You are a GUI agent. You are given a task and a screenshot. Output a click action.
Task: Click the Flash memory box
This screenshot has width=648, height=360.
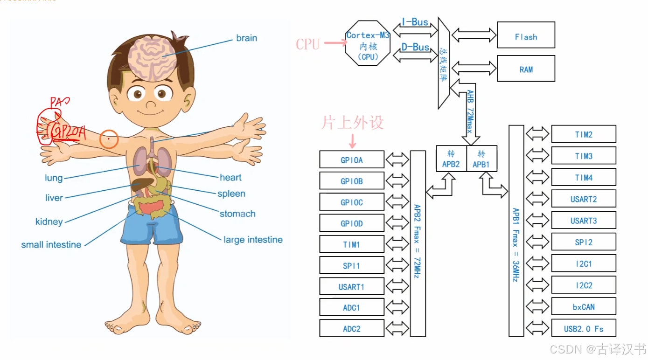[526, 35]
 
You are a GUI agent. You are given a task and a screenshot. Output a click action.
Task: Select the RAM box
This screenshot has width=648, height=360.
[526, 69]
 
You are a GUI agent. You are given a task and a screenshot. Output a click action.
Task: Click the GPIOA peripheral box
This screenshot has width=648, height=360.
[351, 159]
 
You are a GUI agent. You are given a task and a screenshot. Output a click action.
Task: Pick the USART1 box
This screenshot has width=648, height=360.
[351, 286]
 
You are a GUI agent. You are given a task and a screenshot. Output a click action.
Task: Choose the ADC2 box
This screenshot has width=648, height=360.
[351, 328]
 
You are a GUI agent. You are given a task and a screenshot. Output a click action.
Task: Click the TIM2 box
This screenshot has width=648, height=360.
[583, 134]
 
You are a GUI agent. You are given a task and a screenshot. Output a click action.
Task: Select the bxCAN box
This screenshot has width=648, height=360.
[583, 307]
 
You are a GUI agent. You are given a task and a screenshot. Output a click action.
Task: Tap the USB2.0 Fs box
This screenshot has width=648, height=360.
[583, 328]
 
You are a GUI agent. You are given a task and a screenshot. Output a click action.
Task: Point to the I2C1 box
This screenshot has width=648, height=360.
[583, 264]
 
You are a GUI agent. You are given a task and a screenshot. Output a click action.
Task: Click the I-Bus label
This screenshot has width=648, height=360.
[415, 22]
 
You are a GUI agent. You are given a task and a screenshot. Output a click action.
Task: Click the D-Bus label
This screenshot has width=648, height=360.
[415, 47]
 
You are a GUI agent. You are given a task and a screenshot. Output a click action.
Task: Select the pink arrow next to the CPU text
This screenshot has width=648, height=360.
[335, 43]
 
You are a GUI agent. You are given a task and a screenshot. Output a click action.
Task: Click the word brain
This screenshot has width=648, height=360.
[246, 38]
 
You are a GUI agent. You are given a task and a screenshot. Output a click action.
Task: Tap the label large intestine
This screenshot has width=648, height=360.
[253, 240]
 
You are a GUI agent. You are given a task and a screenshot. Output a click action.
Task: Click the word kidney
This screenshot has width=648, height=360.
[49, 222]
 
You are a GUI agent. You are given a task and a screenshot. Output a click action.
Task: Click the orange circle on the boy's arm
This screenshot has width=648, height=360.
[109, 138]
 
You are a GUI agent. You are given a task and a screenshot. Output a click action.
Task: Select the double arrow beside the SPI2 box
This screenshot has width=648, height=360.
[537, 242]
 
